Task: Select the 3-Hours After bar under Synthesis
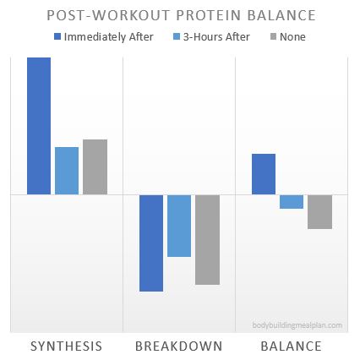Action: (67, 170)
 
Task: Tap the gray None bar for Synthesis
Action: (95, 166)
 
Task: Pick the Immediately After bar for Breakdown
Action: (151, 243)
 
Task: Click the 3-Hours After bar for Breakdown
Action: (179, 225)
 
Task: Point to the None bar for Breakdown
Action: (207, 239)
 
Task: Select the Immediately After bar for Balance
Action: (264, 173)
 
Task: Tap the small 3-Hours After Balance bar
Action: (292, 201)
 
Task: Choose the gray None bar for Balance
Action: (319, 211)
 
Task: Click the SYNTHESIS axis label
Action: (67, 346)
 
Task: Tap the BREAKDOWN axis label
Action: (179, 346)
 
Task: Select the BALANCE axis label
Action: (291, 346)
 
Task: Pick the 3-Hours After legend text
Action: (207, 37)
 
